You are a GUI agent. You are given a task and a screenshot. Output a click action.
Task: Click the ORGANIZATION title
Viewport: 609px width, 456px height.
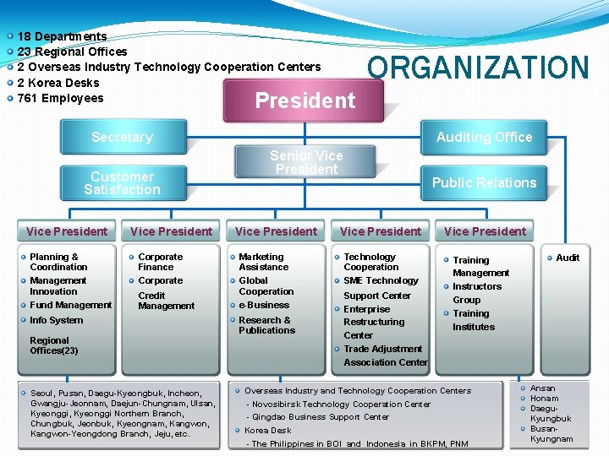pos(478,68)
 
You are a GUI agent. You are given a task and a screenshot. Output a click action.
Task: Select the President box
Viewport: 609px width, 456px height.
pos(305,101)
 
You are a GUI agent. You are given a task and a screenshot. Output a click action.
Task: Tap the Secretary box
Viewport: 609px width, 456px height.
pos(122,137)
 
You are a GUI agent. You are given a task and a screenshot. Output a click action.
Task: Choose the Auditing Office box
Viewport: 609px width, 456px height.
pos(484,137)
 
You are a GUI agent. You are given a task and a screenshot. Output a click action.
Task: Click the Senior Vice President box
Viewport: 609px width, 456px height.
pos(306,162)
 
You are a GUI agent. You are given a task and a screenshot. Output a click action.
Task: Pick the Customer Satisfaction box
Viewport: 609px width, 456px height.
pos(122,183)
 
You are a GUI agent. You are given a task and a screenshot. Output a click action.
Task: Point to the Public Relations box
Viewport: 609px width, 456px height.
pos(484,182)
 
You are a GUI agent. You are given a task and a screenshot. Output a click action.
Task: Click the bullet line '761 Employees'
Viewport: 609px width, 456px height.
pos(60,98)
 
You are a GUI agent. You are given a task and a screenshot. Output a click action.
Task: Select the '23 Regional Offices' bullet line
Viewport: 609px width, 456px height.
pos(72,52)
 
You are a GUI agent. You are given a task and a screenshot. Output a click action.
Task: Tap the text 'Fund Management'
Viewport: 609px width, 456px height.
pos(70,305)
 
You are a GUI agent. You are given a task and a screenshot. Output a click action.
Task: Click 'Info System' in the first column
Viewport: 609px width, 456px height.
pos(57,320)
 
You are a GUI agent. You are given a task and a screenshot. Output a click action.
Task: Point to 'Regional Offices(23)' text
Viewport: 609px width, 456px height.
pos(53,345)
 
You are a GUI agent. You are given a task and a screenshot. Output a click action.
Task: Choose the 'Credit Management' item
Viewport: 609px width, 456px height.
pos(166,301)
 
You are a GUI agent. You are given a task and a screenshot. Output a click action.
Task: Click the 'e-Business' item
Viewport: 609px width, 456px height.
pos(264,305)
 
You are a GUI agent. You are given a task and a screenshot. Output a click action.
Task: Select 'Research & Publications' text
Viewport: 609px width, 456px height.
pos(266,325)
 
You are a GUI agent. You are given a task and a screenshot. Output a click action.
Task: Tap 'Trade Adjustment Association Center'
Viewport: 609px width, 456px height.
pos(385,356)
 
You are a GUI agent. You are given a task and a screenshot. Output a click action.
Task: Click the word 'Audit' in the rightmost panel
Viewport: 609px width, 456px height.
pos(568,258)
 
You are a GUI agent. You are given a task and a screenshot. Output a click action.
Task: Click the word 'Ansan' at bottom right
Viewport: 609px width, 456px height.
pos(542,388)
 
